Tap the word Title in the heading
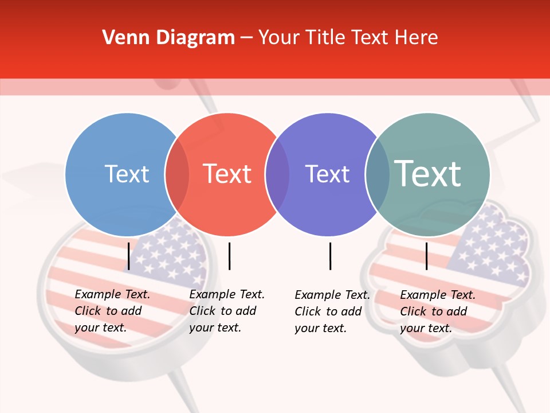tap(325, 38)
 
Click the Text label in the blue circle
tap(127, 174)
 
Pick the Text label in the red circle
tap(227, 174)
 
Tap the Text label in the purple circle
tap(327, 174)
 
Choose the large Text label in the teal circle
tap(428, 173)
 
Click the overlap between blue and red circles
tap(177, 174)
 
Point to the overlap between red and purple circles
tap(277, 174)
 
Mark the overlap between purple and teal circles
tap(378, 174)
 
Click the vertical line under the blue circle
tap(128, 256)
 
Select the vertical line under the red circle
tap(229, 256)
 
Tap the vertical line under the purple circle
tap(330, 256)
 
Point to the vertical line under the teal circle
tap(426, 256)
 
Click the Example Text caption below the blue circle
tap(112, 311)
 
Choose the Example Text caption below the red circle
tap(226, 311)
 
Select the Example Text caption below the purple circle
tap(332, 311)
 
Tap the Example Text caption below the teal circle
tap(437, 311)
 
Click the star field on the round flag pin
tap(172, 252)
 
